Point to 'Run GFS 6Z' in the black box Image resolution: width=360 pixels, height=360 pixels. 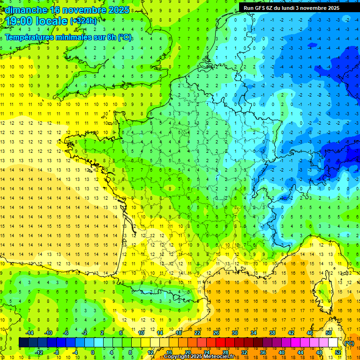tap(260, 8)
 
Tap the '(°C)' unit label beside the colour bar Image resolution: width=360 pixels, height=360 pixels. tap(349, 343)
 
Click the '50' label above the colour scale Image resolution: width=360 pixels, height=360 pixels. tap(329, 333)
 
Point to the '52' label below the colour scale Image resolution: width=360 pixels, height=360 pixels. tap(338, 352)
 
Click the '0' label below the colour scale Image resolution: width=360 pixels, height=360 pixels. tap(93, 352)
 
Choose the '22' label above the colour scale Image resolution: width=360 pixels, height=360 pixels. tap(197, 333)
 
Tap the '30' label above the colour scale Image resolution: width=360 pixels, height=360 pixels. tap(235, 333)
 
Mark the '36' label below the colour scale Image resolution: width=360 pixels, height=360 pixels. tap(263, 352)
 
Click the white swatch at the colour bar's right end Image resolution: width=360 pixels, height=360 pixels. tap(333, 343)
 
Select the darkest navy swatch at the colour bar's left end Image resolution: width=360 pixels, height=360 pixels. tap(23, 343)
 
